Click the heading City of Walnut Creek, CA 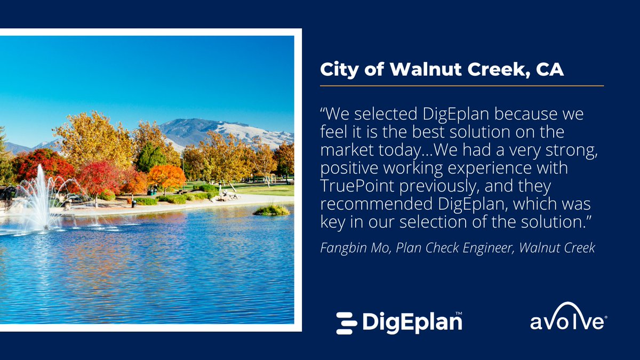coord(442,70)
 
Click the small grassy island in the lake coord(271,210)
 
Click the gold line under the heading coord(461,85)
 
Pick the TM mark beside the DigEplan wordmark coord(458,314)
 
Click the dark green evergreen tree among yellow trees coord(150,157)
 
